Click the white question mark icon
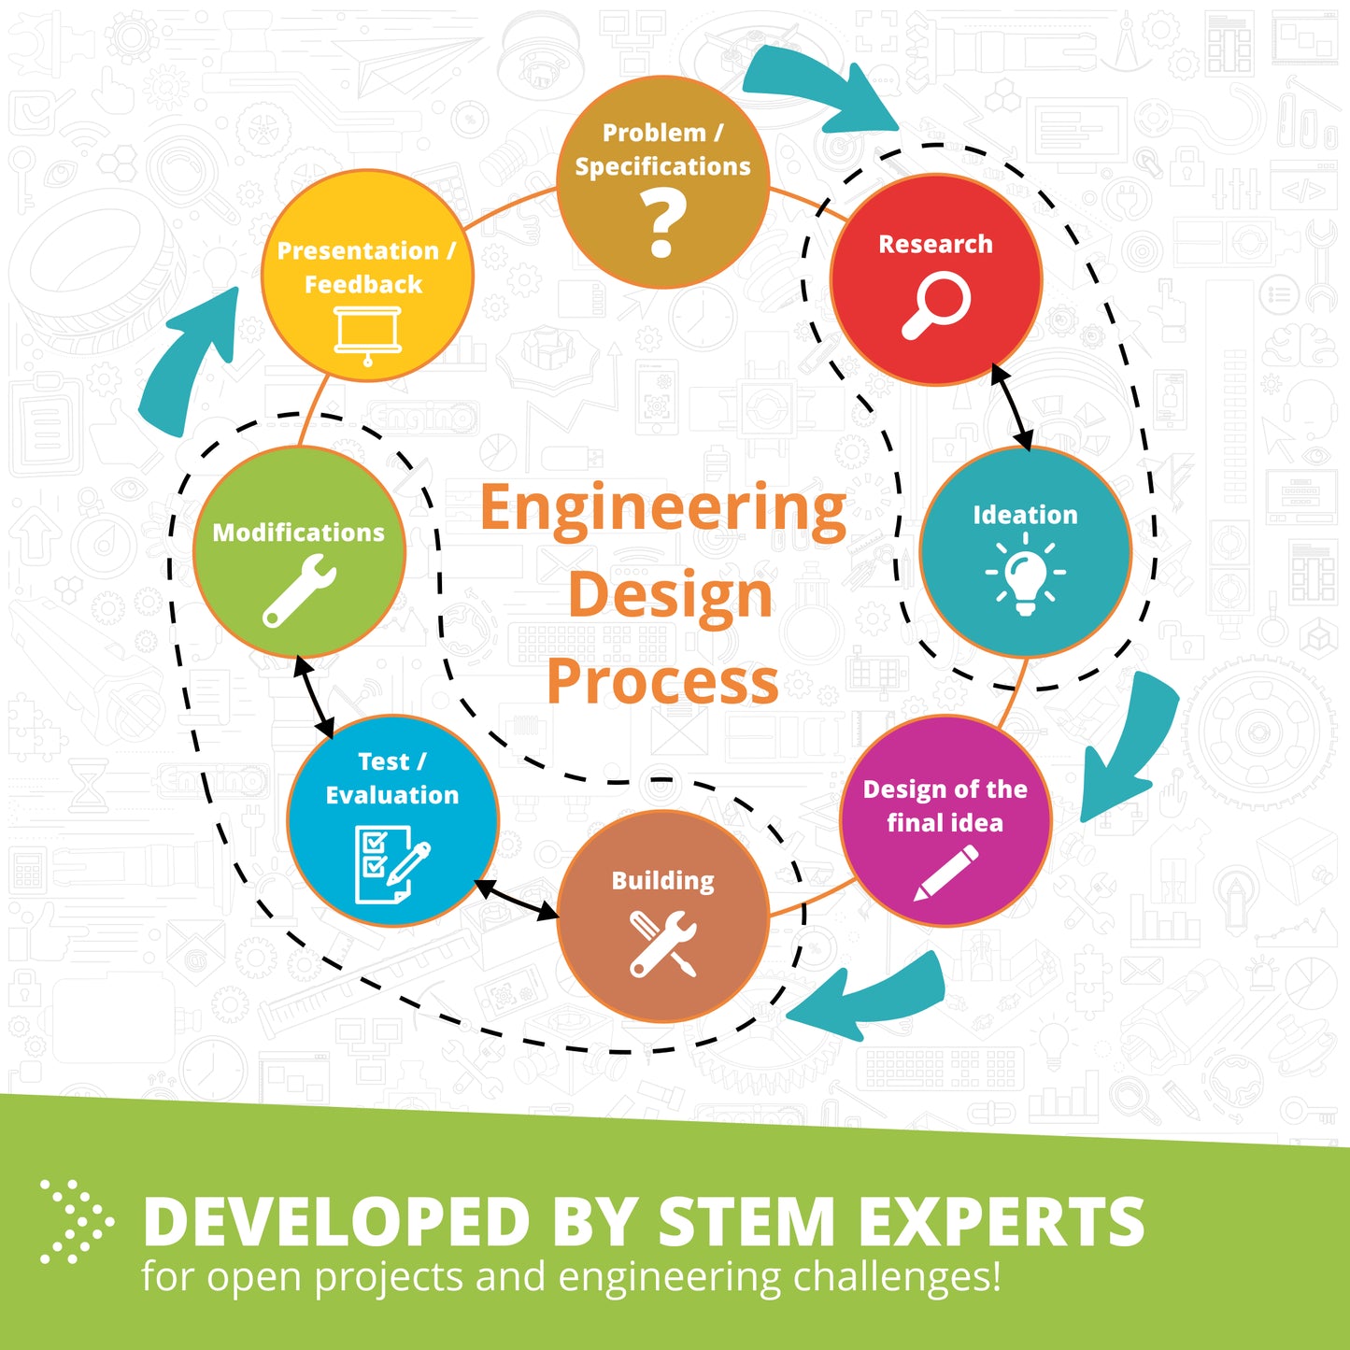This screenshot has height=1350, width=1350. pos(662,225)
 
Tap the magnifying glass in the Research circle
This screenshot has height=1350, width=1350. pos(936,306)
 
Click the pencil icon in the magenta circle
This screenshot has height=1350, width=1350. pos(946,873)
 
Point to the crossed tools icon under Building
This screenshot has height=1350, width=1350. pos(662,943)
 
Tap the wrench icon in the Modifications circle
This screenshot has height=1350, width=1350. pos(299,590)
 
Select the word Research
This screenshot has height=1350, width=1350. pos(935,244)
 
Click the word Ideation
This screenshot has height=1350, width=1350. pos(1025,515)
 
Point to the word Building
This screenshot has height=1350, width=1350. pos(662,881)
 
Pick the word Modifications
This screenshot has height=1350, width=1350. pos(298,533)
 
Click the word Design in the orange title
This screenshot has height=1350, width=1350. pos(671,595)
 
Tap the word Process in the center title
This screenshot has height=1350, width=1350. pos(662,682)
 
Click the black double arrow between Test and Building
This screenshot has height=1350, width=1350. pos(517,900)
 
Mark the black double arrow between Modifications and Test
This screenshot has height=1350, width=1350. pos(314,697)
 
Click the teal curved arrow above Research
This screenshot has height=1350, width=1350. pos(819,89)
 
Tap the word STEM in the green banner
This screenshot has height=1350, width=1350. pos(746,1222)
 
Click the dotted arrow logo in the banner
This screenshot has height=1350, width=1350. pos(77,1222)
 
